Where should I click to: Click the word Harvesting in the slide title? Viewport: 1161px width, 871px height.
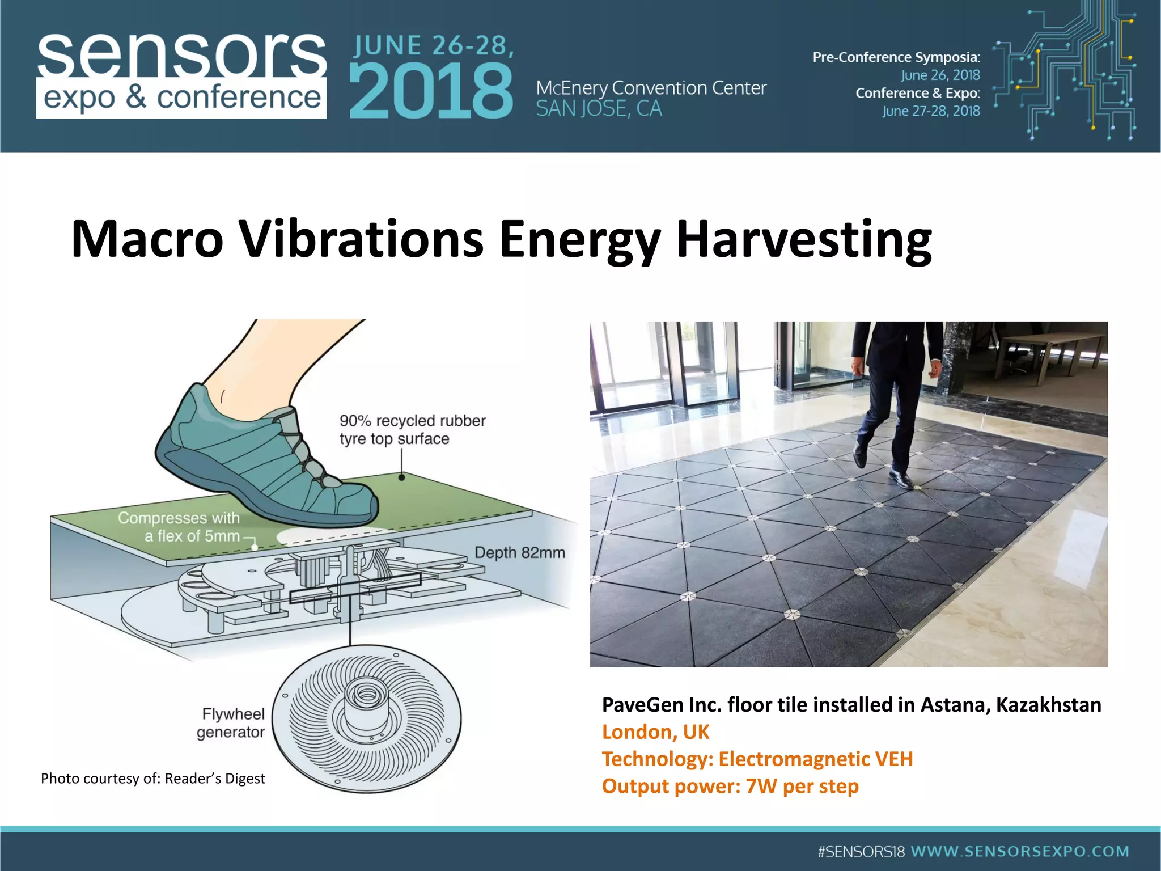coord(803,239)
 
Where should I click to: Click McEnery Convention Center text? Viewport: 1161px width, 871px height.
coord(651,88)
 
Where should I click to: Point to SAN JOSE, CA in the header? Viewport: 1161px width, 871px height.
coord(599,109)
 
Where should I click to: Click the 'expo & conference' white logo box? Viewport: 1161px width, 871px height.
coord(181,98)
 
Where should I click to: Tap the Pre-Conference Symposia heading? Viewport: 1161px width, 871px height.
coord(896,57)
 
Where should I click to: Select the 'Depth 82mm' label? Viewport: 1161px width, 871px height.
coord(519,552)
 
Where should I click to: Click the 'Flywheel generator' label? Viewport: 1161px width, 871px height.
coord(231,722)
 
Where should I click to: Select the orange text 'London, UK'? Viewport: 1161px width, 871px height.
coord(655,732)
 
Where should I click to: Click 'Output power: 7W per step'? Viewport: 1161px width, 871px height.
coord(730,787)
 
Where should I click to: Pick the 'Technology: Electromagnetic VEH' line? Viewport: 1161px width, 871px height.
coord(757,759)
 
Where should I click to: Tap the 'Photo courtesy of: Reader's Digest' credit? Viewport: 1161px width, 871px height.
coord(152,779)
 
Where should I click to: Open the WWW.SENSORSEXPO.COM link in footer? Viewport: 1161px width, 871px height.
coord(1019,851)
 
